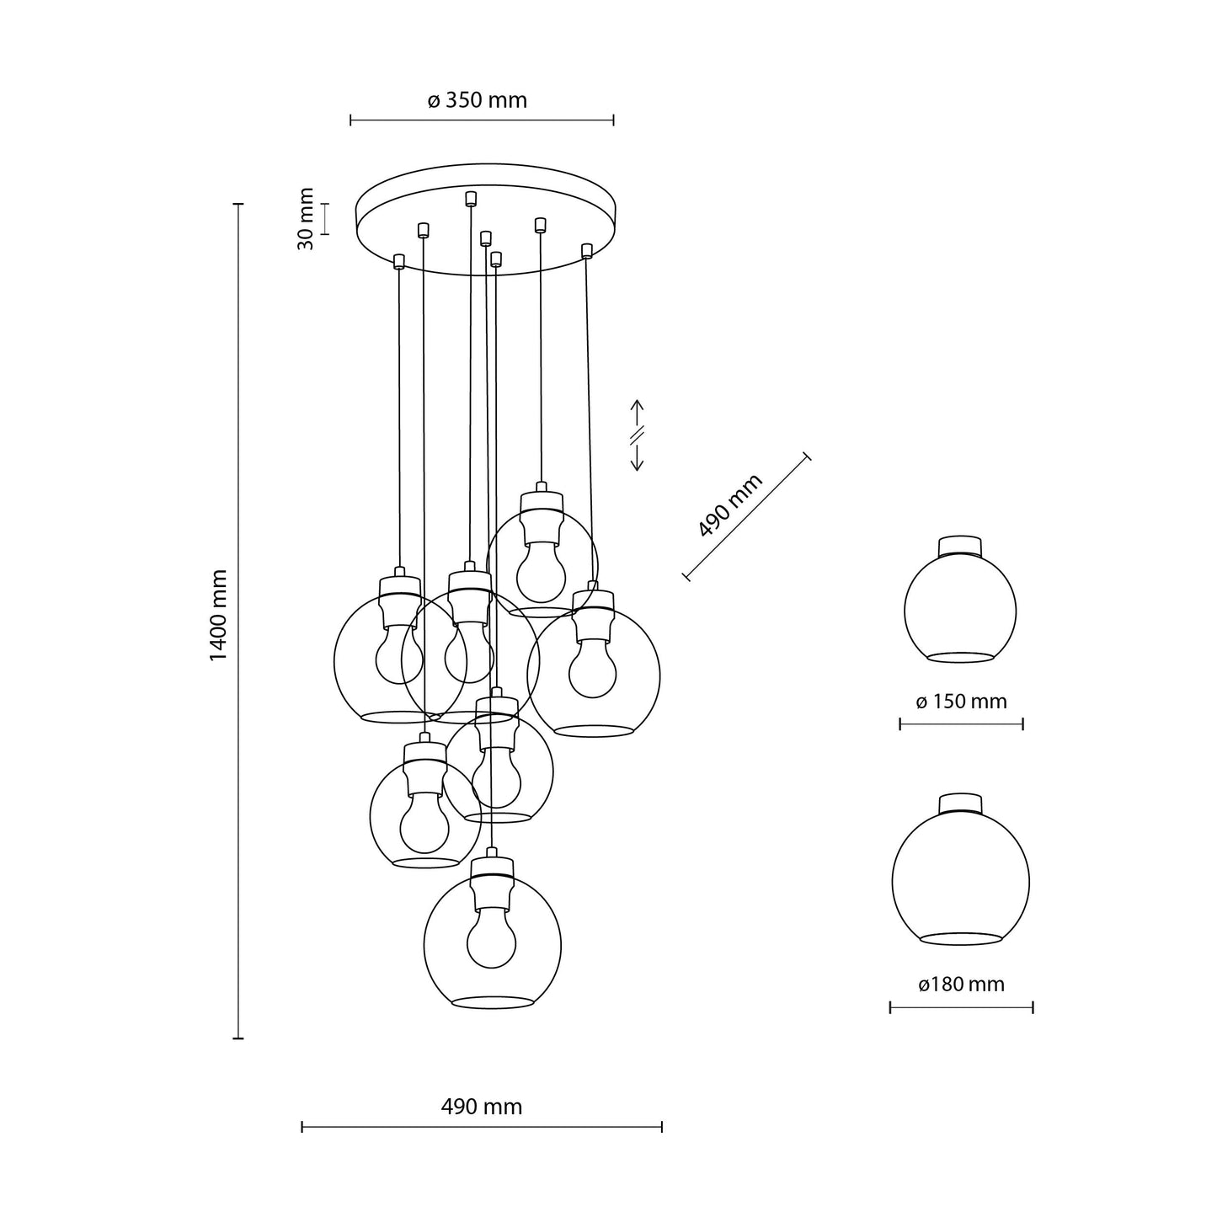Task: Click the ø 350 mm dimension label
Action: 477,101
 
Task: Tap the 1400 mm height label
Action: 219,615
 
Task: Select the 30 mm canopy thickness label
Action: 306,218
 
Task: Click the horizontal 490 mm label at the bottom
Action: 481,1107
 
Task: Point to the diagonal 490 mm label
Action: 730,505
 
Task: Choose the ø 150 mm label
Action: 961,702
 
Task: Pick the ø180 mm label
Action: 961,985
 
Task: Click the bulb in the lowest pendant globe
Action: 491,940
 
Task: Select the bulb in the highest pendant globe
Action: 541,573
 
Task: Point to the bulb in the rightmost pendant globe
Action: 592,669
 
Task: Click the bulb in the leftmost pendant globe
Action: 398,657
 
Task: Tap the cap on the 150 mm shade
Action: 960,545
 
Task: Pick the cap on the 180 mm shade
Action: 960,802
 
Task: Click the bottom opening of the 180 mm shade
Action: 960,938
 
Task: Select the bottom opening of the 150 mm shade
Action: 960,657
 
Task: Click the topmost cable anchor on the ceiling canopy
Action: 471,199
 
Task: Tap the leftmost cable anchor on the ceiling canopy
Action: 399,261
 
